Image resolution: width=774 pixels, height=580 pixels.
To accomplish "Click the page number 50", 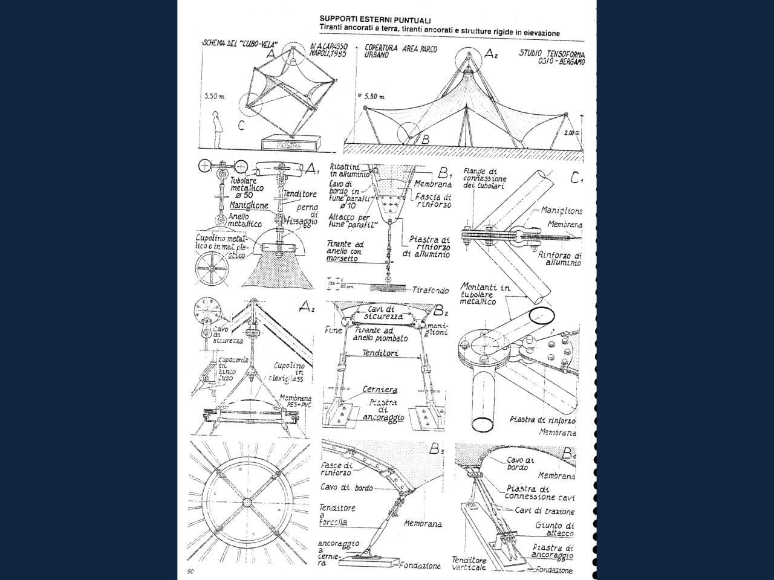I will tap(190, 571).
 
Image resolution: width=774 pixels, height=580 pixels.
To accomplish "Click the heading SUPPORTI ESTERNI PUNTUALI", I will tap(367, 21).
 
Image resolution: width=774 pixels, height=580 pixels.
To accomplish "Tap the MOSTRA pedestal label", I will tap(288, 146).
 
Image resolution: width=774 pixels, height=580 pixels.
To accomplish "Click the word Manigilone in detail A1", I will tap(249, 205).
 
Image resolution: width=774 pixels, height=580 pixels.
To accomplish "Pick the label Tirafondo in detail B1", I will tap(431, 291).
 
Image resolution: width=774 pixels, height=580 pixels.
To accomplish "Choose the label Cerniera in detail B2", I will tap(380, 389).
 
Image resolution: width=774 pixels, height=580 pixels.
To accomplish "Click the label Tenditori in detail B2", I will tap(380, 353).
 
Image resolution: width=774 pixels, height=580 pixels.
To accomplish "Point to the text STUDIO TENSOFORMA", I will tap(552, 53).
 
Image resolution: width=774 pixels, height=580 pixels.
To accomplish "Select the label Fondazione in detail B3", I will tap(420, 566).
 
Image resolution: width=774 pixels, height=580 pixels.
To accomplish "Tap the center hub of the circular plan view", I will tap(246, 503).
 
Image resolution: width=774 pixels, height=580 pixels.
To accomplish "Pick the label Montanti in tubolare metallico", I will tap(485, 294).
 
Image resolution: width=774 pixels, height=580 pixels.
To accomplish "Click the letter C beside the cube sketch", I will tap(241, 126).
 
